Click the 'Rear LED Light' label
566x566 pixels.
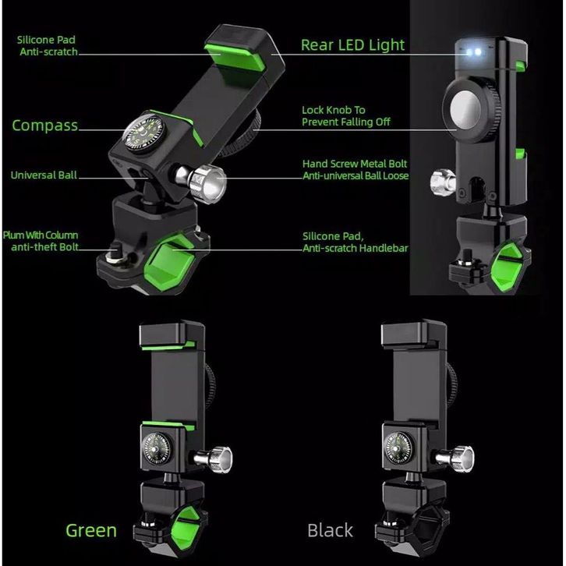click(x=352, y=45)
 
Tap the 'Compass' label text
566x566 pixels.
click(x=44, y=126)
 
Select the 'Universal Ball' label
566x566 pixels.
click(x=44, y=175)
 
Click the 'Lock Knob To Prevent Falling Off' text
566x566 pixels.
click(x=344, y=116)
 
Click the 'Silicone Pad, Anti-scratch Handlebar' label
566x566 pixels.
click(x=355, y=242)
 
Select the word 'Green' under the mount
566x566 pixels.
click(x=91, y=531)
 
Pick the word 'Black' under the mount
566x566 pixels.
click(x=330, y=531)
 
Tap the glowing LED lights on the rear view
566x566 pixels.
click(x=472, y=53)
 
